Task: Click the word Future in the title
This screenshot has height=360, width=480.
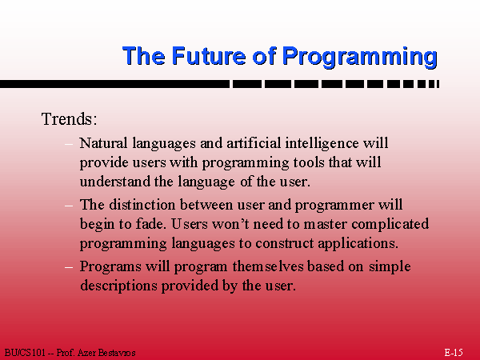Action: (x=209, y=56)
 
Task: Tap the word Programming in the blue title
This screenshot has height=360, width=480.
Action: (x=359, y=57)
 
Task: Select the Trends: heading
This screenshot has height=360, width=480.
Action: (x=69, y=118)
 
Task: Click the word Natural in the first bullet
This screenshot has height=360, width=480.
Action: (x=103, y=143)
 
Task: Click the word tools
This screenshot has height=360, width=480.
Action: (x=309, y=162)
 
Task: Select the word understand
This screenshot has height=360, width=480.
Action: (x=114, y=182)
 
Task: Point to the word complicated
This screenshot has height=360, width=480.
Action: (x=390, y=224)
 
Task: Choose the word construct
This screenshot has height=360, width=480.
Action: (x=284, y=243)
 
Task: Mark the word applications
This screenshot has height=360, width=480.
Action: (x=358, y=244)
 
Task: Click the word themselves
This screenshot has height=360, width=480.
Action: (x=268, y=266)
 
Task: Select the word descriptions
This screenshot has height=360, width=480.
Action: (x=118, y=286)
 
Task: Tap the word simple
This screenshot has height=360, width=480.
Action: (x=390, y=267)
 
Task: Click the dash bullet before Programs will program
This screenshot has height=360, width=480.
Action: (x=69, y=267)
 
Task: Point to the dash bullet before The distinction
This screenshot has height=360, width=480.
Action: (x=69, y=205)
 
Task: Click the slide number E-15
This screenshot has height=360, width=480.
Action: (x=454, y=352)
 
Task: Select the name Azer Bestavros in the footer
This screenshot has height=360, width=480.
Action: (x=106, y=353)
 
